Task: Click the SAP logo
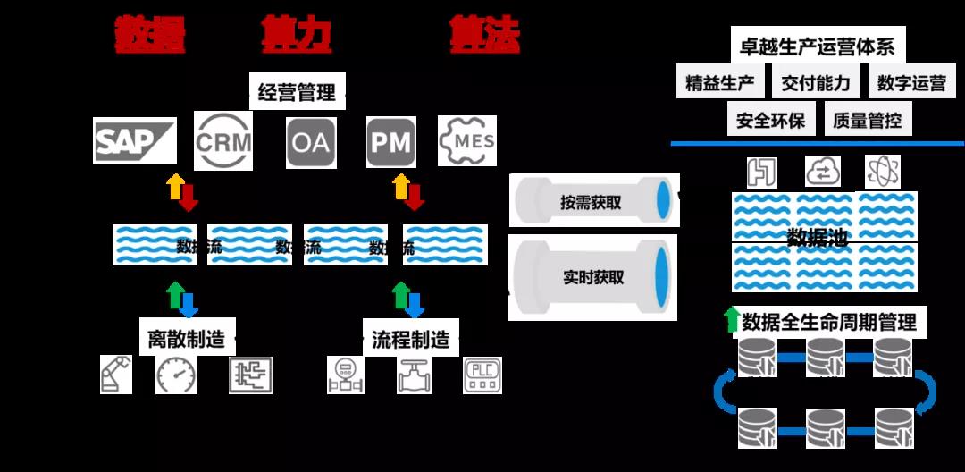[135, 140]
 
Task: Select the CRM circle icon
[223, 140]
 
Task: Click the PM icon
[391, 141]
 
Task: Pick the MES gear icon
[466, 141]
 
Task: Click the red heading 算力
[297, 35]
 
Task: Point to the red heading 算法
[484, 35]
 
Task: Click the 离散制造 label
[187, 339]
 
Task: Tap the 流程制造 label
[410, 339]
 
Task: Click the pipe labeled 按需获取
[591, 201]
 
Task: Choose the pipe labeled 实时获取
[591, 277]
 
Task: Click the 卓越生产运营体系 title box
[818, 46]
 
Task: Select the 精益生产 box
[720, 83]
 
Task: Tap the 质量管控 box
[867, 120]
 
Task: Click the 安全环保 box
[770, 120]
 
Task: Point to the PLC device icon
[483, 375]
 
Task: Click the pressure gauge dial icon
[176, 375]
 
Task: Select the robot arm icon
[116, 375]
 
